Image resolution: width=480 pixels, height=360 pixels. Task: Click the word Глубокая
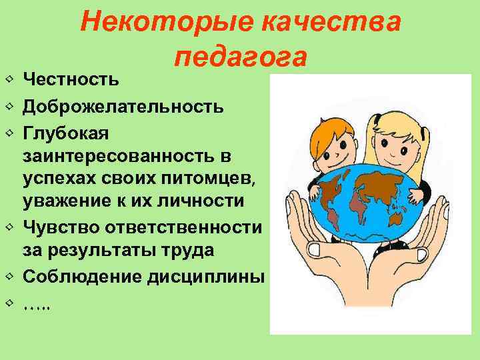tap(62, 133)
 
